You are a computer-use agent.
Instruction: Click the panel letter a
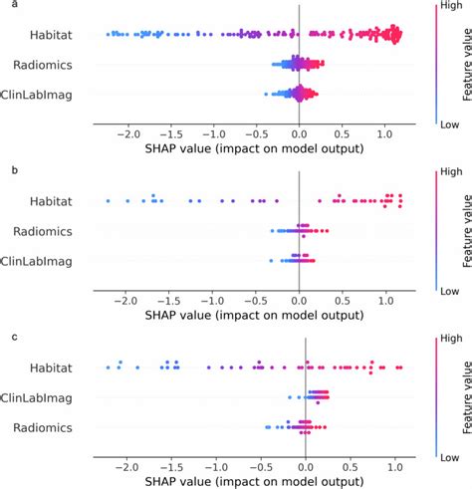tap(7, 7)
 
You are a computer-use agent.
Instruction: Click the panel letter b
tap(7, 171)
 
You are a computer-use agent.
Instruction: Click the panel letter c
tap(7, 336)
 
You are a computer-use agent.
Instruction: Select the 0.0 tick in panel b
tap(298, 297)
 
